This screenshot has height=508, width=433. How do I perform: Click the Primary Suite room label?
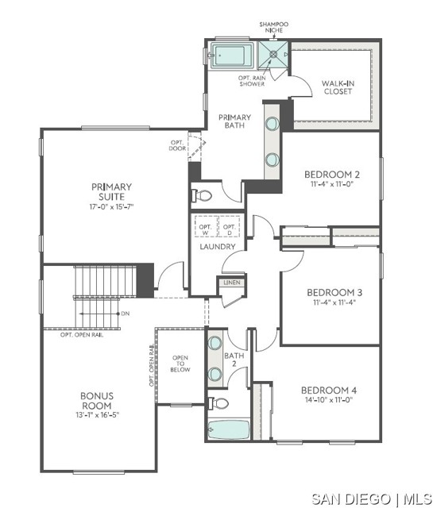click(x=111, y=191)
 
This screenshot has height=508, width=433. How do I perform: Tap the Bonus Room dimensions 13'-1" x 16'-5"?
click(x=97, y=415)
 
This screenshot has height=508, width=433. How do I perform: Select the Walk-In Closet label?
click(x=338, y=87)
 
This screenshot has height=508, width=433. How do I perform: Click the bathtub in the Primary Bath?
click(x=231, y=56)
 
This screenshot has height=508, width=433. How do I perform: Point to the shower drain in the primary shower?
click(x=273, y=55)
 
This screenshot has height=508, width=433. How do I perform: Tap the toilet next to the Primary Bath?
click(x=202, y=195)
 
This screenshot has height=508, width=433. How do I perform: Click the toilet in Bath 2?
click(x=218, y=403)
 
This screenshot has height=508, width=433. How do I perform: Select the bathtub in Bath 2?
click(x=228, y=429)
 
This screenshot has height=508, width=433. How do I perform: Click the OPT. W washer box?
click(x=206, y=226)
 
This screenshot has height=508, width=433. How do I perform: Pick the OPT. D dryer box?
click(x=230, y=226)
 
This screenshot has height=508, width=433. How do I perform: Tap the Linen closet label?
click(x=232, y=283)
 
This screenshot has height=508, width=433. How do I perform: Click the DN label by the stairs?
click(x=126, y=314)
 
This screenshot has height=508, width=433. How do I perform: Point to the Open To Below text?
click(x=180, y=364)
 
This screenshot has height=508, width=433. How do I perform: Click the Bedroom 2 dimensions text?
click(x=332, y=184)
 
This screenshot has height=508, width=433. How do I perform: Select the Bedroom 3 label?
click(x=334, y=293)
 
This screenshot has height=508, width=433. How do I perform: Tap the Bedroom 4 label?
click(x=329, y=390)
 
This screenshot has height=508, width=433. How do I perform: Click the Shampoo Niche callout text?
click(x=274, y=27)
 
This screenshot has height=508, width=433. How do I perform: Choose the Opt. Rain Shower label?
click(x=252, y=81)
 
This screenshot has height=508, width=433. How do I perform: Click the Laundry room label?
click(x=218, y=247)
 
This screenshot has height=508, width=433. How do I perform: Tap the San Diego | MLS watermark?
click(x=372, y=498)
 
